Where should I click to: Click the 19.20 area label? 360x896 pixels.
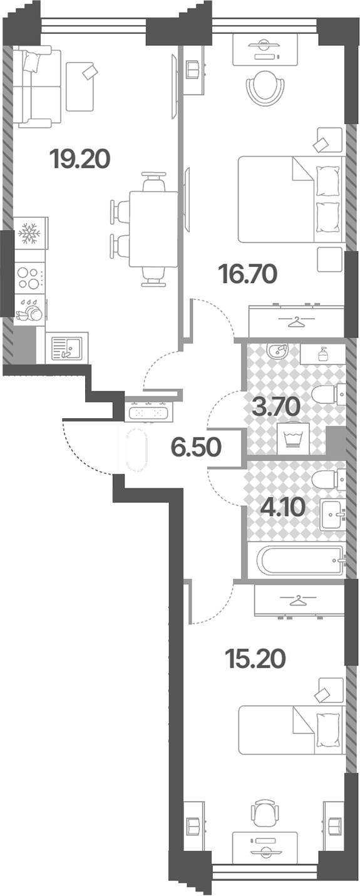pyautogui.click(x=80, y=159)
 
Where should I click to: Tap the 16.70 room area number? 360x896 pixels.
pyautogui.click(x=247, y=274)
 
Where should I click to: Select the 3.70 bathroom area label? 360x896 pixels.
pyautogui.click(x=276, y=406)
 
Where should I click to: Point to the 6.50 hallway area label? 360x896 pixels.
pyautogui.click(x=196, y=447)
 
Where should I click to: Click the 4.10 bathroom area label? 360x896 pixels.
pyautogui.click(x=283, y=507)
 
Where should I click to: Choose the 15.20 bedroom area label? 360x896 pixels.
pyautogui.click(x=255, y=659)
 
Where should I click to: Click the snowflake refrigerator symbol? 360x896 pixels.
pyautogui.click(x=30, y=234)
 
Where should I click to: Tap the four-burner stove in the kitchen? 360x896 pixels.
pyautogui.click(x=29, y=278)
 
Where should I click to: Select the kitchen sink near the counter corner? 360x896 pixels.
pyautogui.click(x=67, y=348)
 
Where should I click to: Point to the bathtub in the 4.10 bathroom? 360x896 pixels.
pyautogui.click(x=300, y=560)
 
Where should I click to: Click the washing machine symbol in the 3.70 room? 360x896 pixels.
pyautogui.click(x=293, y=438)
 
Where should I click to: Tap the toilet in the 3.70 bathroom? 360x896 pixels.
pyautogui.click(x=329, y=395)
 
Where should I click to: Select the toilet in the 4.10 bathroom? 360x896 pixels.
pyautogui.click(x=329, y=480)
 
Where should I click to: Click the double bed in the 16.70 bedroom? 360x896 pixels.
pyautogui.click(x=291, y=199)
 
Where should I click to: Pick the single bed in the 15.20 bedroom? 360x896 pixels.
pyautogui.click(x=291, y=730)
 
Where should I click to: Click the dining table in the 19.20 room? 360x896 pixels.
pyautogui.click(x=153, y=229)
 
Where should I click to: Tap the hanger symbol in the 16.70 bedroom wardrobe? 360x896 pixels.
pyautogui.click(x=296, y=321)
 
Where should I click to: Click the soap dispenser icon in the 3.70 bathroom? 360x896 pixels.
pyautogui.click(x=323, y=354)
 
